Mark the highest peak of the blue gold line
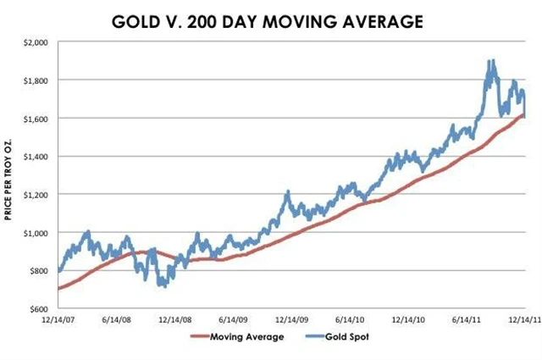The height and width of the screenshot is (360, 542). [x=490, y=61]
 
